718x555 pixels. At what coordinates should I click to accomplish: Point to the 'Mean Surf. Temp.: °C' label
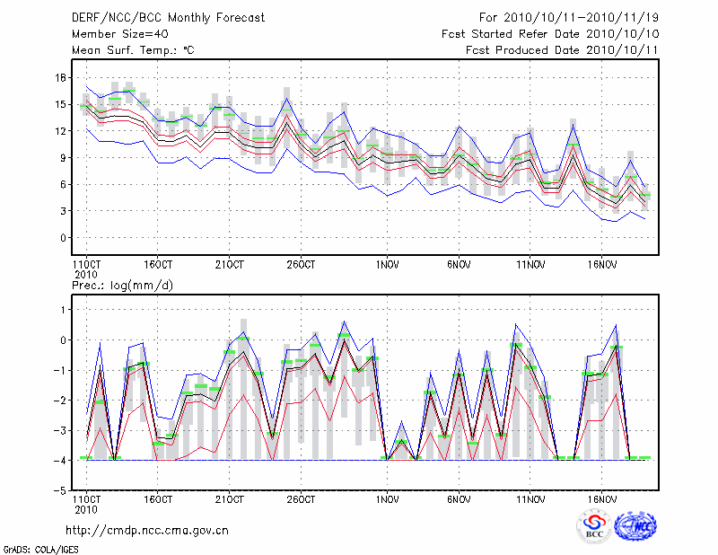133,50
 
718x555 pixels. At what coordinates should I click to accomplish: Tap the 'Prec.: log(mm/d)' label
122,285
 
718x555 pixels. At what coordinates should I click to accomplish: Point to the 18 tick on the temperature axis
60,78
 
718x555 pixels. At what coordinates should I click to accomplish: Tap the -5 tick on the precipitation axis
60,491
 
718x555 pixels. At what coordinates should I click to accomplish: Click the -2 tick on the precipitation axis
60,401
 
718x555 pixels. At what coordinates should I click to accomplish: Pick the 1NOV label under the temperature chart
388,265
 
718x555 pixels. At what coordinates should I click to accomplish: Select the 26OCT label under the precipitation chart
302,498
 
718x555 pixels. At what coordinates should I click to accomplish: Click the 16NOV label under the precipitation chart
602,498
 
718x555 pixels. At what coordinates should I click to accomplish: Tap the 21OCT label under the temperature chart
230,265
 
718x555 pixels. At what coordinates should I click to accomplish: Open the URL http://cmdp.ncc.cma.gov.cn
147,531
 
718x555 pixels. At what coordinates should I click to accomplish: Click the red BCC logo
593,525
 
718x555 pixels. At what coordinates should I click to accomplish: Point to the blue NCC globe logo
635,525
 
